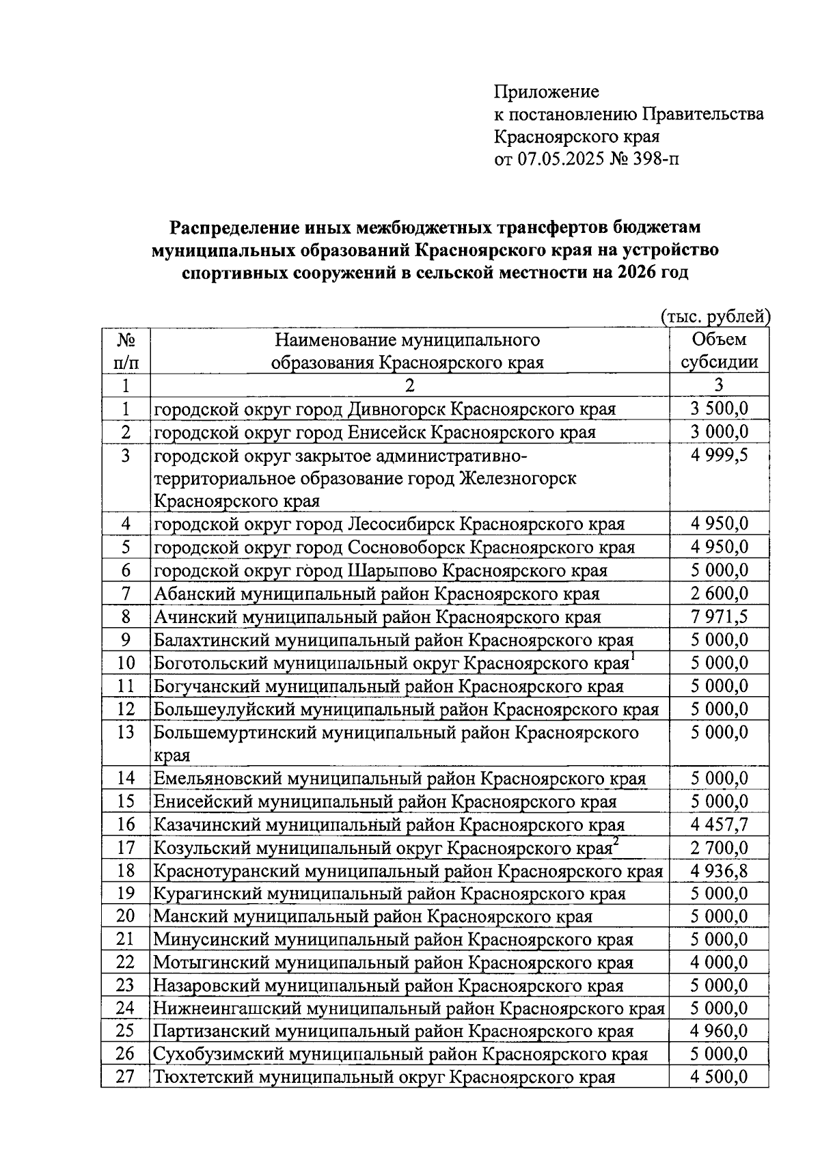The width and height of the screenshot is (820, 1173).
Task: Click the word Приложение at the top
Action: click(546, 92)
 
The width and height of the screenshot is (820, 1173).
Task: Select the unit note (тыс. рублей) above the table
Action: click(715, 316)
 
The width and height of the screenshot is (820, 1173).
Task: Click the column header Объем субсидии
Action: click(719, 350)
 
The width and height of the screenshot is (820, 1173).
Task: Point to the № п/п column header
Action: click(125, 350)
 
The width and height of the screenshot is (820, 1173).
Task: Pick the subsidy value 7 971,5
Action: click(719, 617)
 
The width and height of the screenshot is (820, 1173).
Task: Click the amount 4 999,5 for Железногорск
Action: click(719, 455)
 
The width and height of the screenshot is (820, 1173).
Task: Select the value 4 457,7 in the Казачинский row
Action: click(719, 825)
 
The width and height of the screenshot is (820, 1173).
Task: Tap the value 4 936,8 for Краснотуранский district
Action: click(719, 871)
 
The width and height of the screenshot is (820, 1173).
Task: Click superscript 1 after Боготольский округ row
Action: click(633, 657)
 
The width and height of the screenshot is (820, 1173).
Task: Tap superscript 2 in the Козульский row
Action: click(616, 842)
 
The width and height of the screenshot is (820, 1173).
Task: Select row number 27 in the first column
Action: click(125, 1077)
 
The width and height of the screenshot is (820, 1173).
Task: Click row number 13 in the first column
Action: click(125, 732)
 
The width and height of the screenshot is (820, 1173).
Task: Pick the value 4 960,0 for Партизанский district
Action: click(719, 1032)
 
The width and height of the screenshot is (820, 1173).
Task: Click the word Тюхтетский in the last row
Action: click(204, 1078)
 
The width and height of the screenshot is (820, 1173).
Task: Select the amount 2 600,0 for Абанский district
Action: click(719, 594)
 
